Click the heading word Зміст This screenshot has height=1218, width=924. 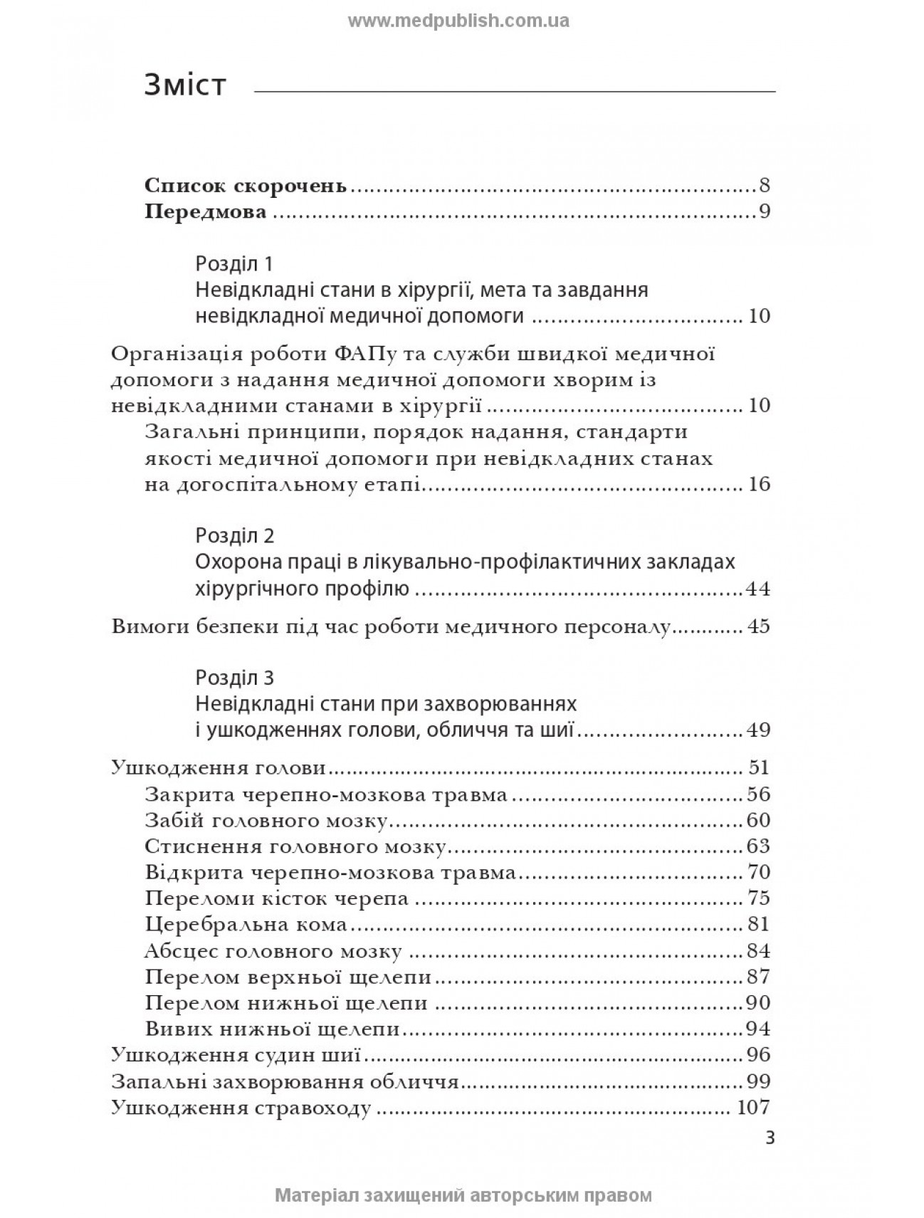pos(185,85)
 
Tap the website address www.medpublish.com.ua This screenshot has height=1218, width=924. pos(458,21)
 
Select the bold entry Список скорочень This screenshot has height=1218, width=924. pos(246,187)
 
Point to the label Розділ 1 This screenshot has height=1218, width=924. pos(234,264)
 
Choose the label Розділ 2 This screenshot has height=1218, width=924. pos(234,535)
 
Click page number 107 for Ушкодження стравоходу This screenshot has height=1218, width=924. pos(753,1108)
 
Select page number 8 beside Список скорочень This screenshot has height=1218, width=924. pos(765,187)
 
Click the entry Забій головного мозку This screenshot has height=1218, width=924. pos(266,820)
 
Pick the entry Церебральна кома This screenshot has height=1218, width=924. pos(246,924)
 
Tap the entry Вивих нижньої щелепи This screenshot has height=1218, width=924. pos(271,1029)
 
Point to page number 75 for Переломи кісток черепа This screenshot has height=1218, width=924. pos(758,898)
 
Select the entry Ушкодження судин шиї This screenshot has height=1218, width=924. pos(236,1054)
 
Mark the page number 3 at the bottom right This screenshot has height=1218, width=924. pos(770,1138)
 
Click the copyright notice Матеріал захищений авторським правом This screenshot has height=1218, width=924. pos(463,1195)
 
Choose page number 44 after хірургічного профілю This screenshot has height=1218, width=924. pos(757,589)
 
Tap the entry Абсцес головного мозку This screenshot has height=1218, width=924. pos(273,950)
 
